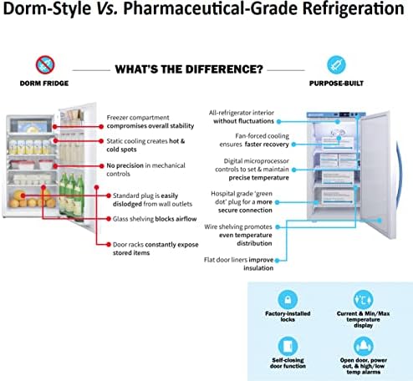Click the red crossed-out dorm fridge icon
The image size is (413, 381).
pyautogui.click(x=45, y=65)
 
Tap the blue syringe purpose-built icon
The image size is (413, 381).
pyautogui.click(x=336, y=65)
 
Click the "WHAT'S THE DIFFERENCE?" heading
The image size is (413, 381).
pyautogui.click(x=189, y=69)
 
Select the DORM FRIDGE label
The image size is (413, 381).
pyautogui.click(x=44, y=84)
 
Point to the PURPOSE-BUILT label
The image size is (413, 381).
pyautogui.click(x=336, y=84)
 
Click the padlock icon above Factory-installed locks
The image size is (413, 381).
pyautogui.click(x=288, y=300)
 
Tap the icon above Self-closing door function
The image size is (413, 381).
pyautogui.click(x=288, y=346)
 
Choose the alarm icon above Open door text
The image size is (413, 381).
pyautogui.click(x=363, y=346)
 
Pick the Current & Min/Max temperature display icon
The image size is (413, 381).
pyautogui.click(x=363, y=300)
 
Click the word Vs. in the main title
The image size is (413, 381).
pyautogui.click(x=107, y=8)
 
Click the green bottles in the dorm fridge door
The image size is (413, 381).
pyautogui.click(x=72, y=195)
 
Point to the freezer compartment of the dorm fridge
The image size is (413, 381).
pyautogui.click(x=31, y=125)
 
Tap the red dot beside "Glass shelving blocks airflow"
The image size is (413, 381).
pyautogui.click(x=109, y=219)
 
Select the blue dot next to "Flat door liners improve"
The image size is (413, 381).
pyautogui.click(x=277, y=261)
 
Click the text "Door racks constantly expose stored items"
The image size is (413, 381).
pyautogui.click(x=156, y=249)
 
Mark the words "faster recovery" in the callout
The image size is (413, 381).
pyautogui.click(x=267, y=145)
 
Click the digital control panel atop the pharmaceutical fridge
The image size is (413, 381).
pyautogui.click(x=348, y=114)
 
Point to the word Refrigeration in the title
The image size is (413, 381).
pyautogui.click(x=353, y=8)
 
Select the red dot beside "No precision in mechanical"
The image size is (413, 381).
pyautogui.click(x=101, y=165)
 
